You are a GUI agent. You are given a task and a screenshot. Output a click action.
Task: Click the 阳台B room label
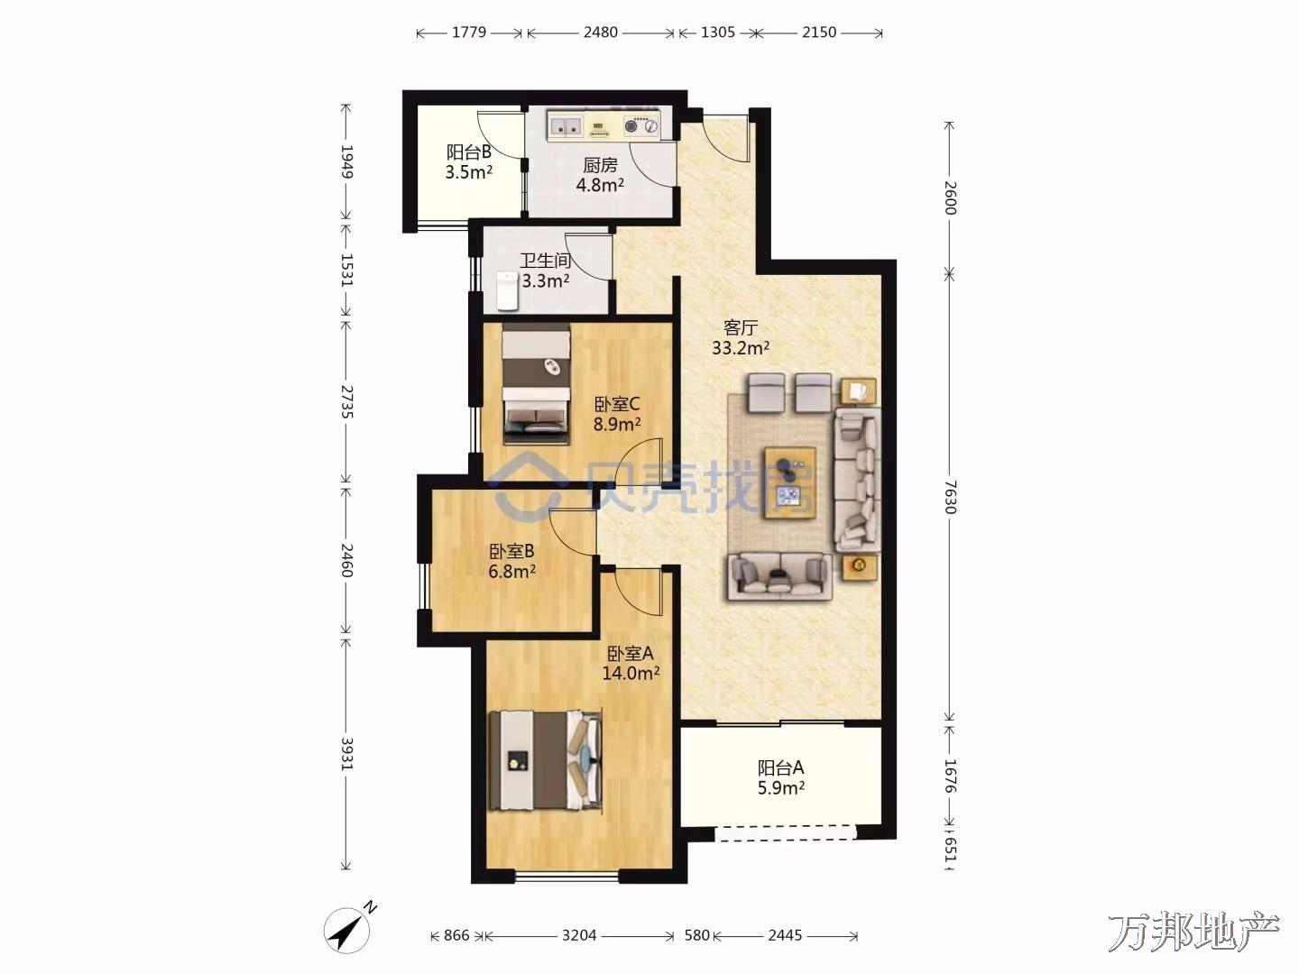pos(469,162)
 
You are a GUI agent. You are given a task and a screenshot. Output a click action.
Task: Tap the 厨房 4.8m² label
pos(600,175)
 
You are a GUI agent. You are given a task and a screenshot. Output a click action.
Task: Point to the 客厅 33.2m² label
pos(741,337)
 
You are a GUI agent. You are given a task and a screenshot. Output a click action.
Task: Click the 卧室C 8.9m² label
pos(617,415)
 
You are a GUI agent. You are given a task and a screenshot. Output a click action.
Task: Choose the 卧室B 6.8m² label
pos(511,561)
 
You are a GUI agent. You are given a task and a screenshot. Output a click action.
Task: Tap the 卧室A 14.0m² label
pos(631,663)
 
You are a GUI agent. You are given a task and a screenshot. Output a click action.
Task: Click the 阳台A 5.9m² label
pos(780,777)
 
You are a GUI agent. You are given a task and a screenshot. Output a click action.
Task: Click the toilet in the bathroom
pos(507,290)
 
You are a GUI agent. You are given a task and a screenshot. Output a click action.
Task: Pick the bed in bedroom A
pos(546,760)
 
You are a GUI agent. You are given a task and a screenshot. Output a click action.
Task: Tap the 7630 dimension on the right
pos(949,496)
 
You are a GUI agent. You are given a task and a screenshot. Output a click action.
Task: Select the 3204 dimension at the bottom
pos(579,935)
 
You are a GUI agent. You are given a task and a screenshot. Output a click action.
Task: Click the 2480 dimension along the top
pos(601,32)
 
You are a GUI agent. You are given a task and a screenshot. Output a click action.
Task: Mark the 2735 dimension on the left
pos(346,402)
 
